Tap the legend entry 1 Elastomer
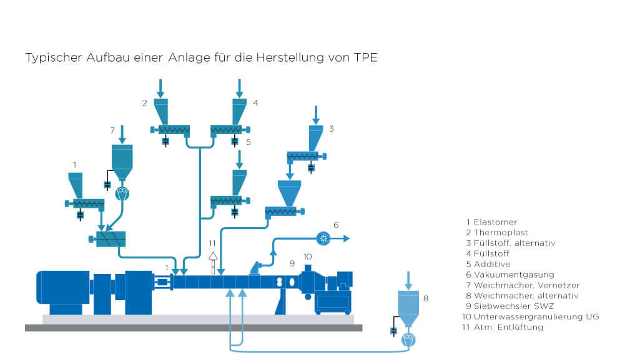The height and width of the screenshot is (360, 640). [491, 221]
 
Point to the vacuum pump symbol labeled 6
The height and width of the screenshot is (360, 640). [323, 238]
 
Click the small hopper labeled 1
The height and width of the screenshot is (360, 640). [76, 184]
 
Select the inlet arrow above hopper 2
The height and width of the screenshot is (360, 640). [161, 87]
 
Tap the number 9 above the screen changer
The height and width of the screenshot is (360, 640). [291, 263]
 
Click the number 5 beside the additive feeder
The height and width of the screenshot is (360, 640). [248, 142]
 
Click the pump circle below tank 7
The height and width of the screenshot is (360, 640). [122, 193]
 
